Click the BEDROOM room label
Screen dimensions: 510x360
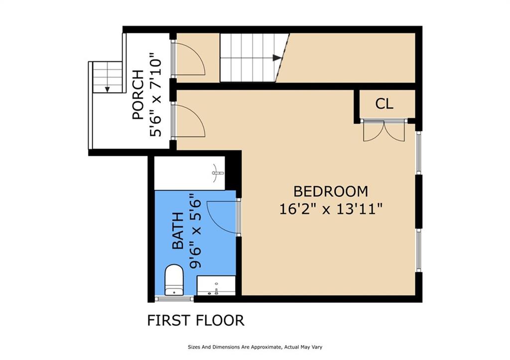click(331, 191)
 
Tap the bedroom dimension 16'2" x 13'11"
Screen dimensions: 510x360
click(331, 209)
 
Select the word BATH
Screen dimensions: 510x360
click(178, 231)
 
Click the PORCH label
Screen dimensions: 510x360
click(138, 95)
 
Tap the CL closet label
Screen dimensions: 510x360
click(384, 104)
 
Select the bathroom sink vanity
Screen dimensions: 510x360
click(216, 285)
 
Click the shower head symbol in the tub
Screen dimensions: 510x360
click(217, 173)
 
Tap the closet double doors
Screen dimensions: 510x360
click(384, 131)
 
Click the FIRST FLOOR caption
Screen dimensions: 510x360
click(196, 320)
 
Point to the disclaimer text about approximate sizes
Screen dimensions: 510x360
click(255, 347)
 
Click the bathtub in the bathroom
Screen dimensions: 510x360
click(190, 173)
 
